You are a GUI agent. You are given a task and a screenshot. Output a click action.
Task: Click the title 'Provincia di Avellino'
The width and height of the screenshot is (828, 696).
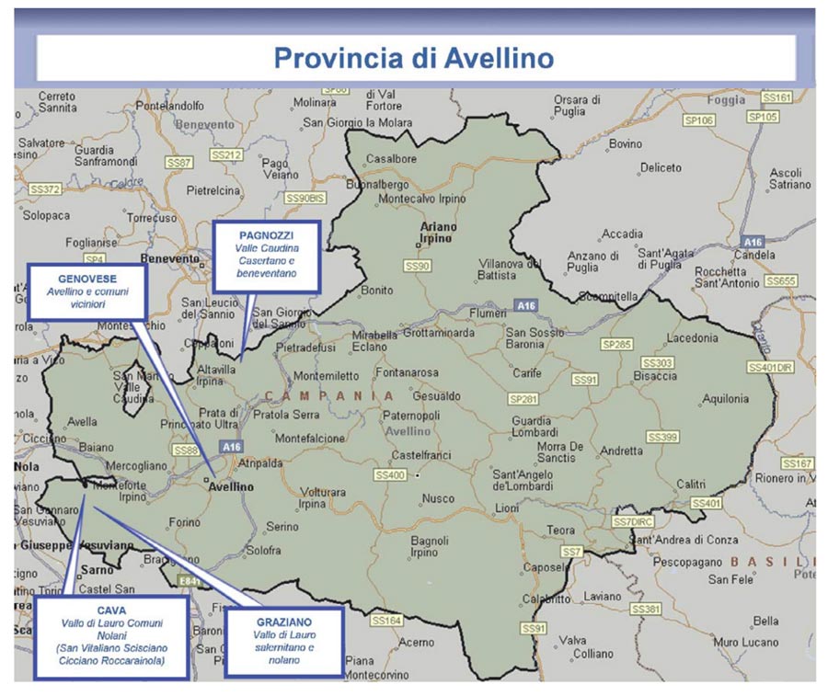pyautogui.click(x=414, y=58)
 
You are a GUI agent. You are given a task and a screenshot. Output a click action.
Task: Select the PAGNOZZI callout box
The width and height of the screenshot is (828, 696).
pyautogui.click(x=266, y=256)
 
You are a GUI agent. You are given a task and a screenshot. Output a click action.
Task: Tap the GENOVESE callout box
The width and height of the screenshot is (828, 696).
pyautogui.click(x=86, y=291)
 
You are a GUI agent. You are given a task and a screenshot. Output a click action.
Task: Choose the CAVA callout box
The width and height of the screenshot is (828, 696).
pyautogui.click(x=111, y=635)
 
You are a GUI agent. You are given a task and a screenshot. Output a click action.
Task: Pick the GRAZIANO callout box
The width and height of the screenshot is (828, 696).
pyautogui.click(x=284, y=641)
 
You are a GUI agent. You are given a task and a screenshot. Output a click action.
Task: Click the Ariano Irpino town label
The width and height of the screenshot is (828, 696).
pyautogui.click(x=437, y=232)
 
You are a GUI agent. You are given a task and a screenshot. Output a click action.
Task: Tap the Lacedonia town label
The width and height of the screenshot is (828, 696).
pyautogui.click(x=692, y=337)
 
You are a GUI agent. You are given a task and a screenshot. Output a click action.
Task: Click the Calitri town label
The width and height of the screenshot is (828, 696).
pyautogui.click(x=690, y=484)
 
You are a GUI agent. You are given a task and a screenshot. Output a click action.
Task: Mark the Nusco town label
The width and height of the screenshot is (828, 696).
pyautogui.click(x=438, y=498)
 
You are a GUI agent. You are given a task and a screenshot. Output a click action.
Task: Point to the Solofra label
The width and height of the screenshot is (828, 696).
pyautogui.click(x=263, y=550)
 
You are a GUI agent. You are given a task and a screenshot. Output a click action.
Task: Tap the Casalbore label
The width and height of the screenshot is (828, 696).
pyautogui.click(x=391, y=158)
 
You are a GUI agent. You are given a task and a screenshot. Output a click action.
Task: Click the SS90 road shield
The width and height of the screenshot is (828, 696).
pyautogui.click(x=417, y=266)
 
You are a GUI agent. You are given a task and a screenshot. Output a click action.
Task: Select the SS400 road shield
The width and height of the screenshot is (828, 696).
pyautogui.click(x=389, y=475)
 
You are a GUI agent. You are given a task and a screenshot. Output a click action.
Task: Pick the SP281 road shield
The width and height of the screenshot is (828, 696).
pyautogui.click(x=523, y=399)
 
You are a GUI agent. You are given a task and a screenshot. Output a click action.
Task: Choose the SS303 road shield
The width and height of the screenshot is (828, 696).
pyautogui.click(x=658, y=363)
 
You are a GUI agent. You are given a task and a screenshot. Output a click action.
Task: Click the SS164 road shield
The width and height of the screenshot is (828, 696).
pyautogui.click(x=387, y=621)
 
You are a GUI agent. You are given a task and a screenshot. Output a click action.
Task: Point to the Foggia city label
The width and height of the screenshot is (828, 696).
pyautogui.click(x=727, y=99)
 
